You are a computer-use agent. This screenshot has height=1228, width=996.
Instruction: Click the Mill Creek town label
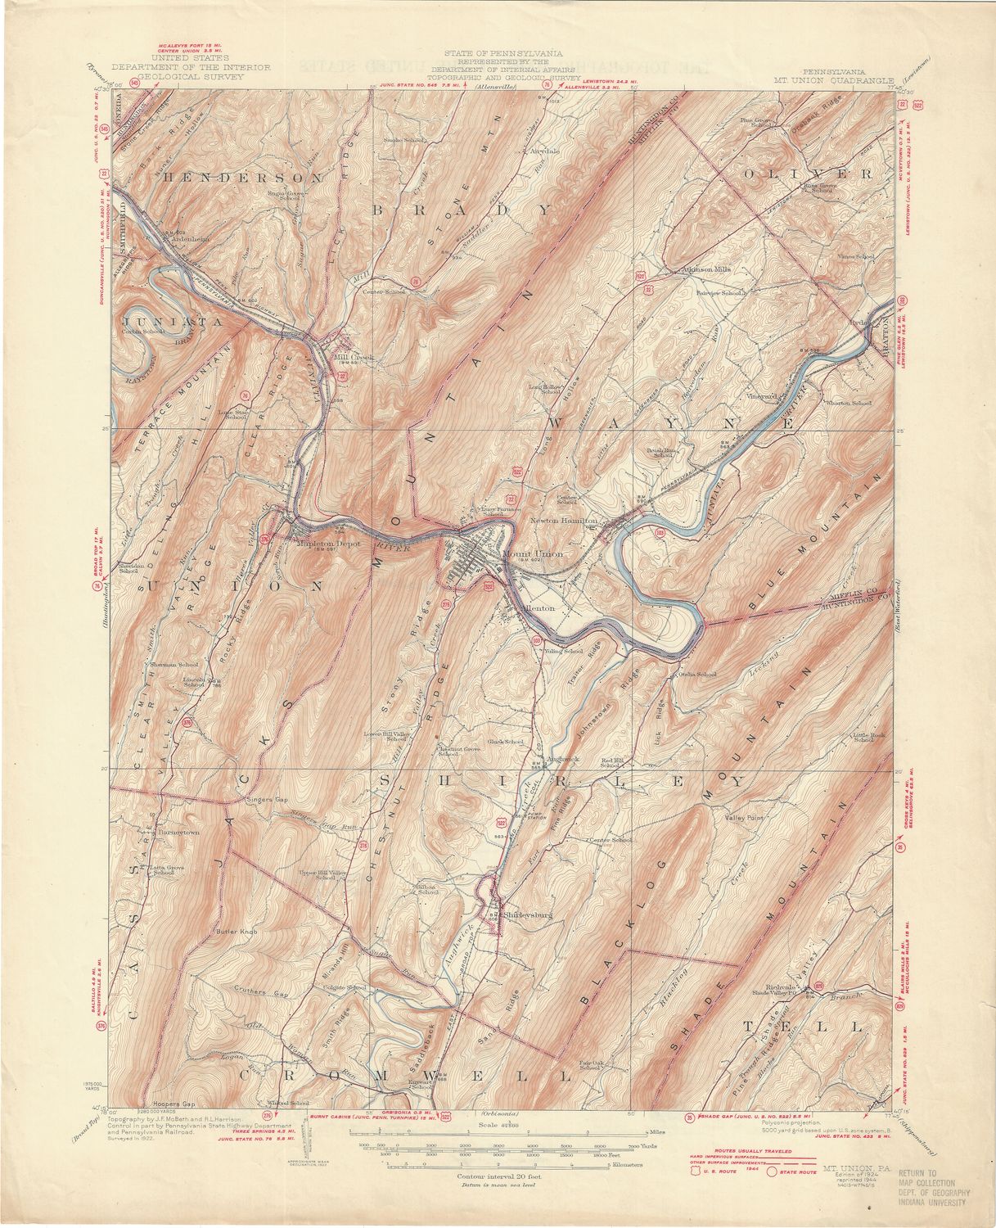tap(349, 357)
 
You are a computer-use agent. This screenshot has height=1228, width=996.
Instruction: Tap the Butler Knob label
tap(237, 932)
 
